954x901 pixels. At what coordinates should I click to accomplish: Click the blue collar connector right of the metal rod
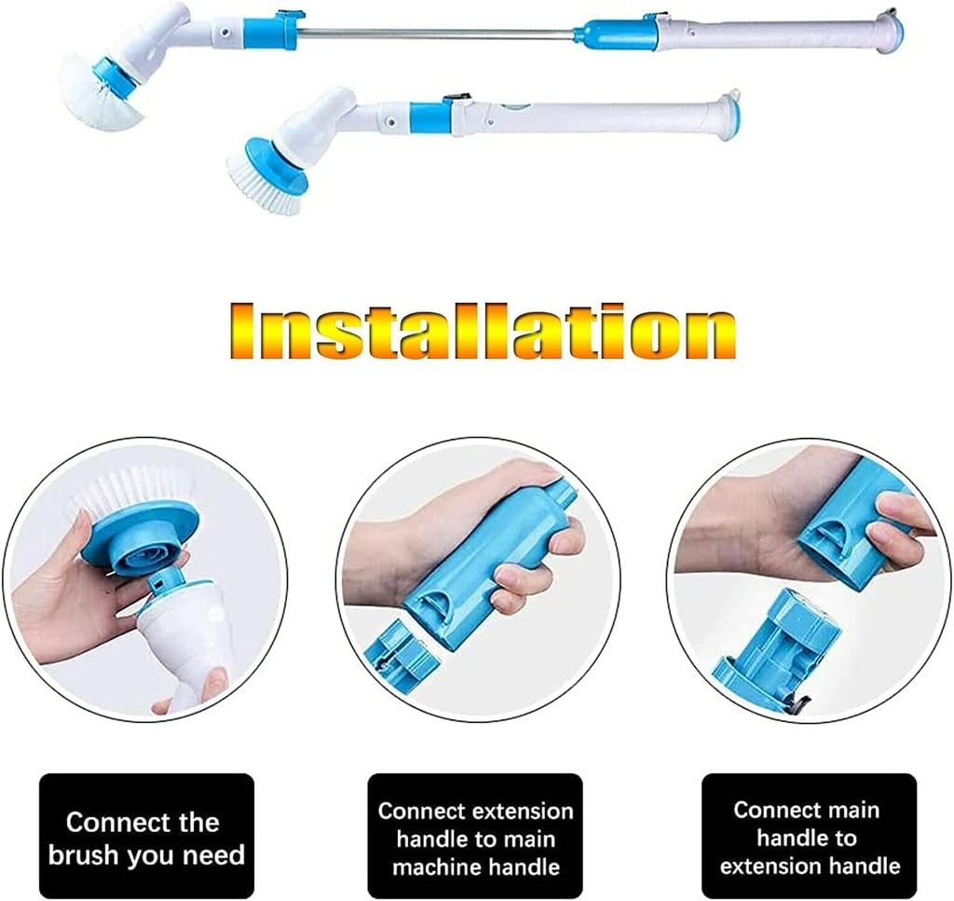pyautogui.click(x=610, y=34)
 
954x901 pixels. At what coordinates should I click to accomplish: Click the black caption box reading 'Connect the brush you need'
pyautogui.click(x=146, y=836)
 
